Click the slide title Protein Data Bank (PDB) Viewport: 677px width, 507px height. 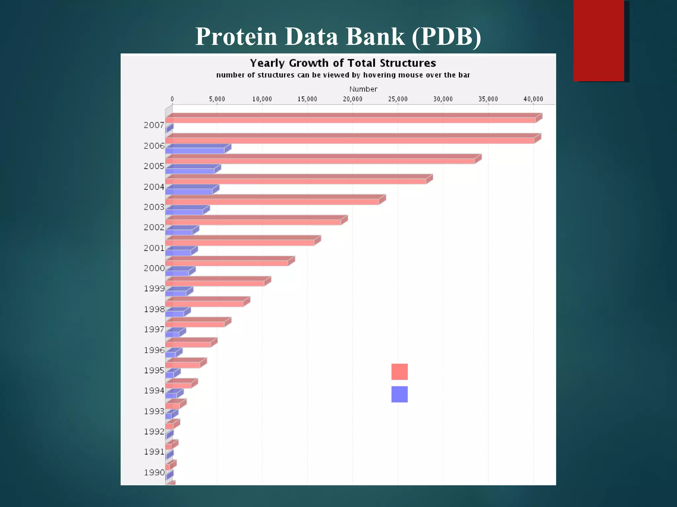point(338,36)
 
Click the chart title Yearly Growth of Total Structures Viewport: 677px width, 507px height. point(343,63)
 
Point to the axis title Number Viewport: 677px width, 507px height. point(363,89)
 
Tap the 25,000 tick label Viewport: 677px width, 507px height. point(398,99)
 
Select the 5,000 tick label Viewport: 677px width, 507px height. point(217,99)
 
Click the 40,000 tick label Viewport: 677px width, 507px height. point(533,99)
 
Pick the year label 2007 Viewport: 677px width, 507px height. point(154,125)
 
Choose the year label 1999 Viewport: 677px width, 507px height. point(154,288)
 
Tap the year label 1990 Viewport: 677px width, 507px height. point(154,472)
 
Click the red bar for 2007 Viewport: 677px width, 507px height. point(350,120)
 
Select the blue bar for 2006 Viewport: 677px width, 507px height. point(195,151)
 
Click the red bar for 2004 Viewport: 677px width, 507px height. point(296,181)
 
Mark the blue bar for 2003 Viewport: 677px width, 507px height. point(184,212)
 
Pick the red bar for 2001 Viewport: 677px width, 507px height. point(240,243)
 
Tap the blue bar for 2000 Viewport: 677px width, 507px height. point(177,273)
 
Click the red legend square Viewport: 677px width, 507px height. point(399,372)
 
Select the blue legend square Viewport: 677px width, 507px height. point(399,394)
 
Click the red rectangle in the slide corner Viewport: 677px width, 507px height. point(598,40)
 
